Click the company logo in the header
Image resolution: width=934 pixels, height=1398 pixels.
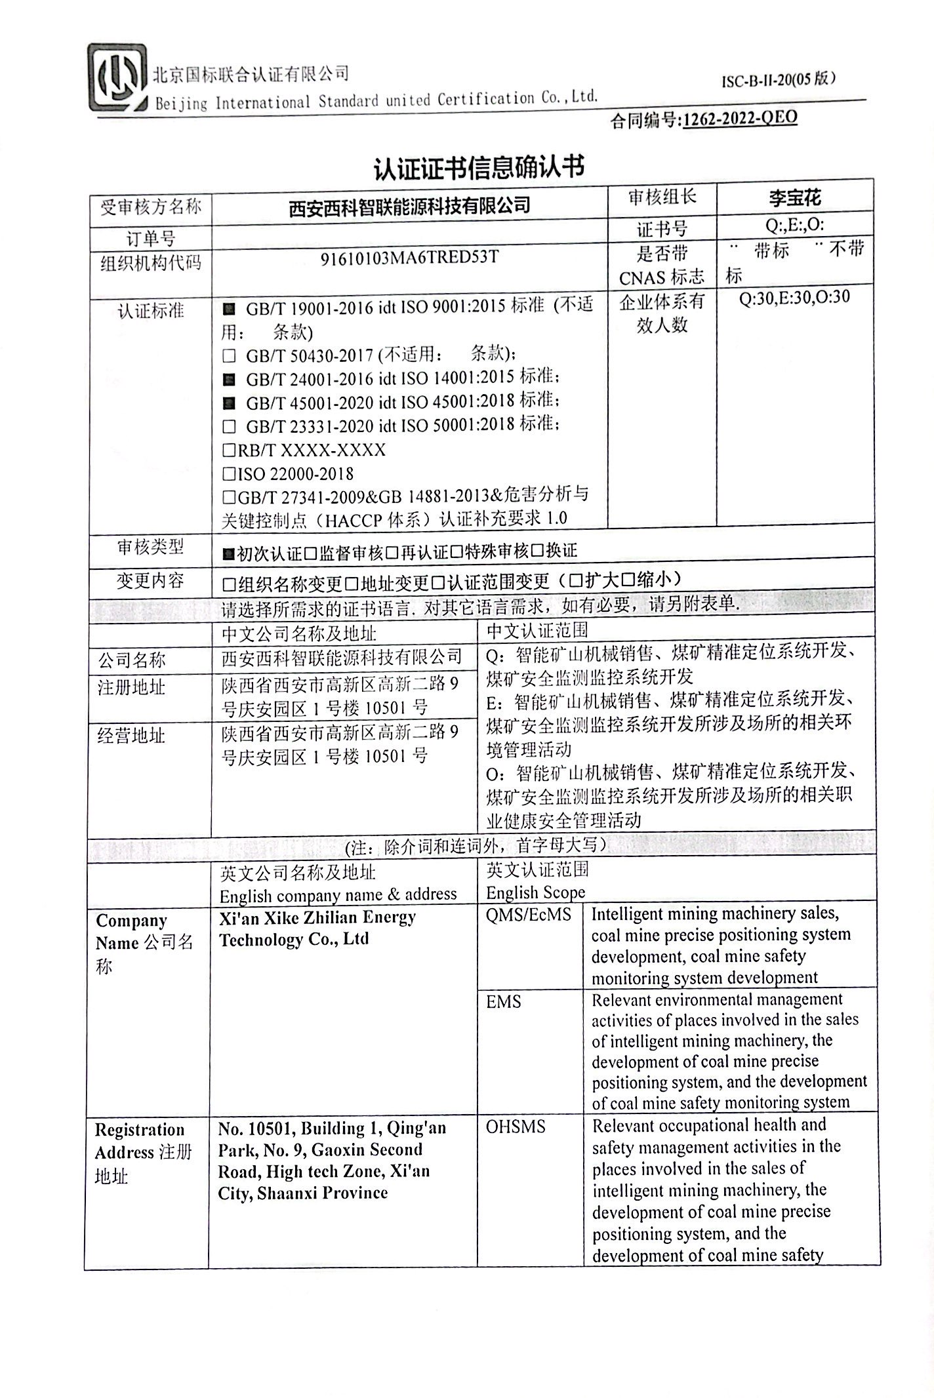click(x=117, y=79)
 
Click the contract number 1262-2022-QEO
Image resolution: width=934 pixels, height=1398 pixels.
click(x=740, y=119)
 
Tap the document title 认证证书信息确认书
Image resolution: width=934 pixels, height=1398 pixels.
click(x=478, y=167)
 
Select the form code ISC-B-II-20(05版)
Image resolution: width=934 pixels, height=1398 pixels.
click(x=779, y=80)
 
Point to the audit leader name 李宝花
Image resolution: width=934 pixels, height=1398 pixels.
click(x=795, y=197)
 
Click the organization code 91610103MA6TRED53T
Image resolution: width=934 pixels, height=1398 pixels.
click(x=409, y=257)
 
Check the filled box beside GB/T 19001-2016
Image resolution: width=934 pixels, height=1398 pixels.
click(x=229, y=308)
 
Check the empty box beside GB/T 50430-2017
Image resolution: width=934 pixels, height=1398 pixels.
click(x=229, y=356)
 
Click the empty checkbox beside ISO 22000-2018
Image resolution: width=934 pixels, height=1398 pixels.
click(x=229, y=473)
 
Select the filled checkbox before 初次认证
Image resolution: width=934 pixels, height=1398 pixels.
click(x=228, y=554)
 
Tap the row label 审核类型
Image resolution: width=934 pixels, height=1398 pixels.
click(x=150, y=547)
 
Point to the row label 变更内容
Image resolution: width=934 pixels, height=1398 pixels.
click(x=150, y=580)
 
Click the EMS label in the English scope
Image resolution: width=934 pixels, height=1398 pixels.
click(x=504, y=1001)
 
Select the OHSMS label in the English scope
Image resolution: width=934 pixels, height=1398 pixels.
click(x=515, y=1127)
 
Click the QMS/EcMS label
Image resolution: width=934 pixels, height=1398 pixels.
click(x=529, y=915)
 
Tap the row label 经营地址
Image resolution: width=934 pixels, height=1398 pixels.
click(x=131, y=736)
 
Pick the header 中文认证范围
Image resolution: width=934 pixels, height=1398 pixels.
click(x=537, y=631)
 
